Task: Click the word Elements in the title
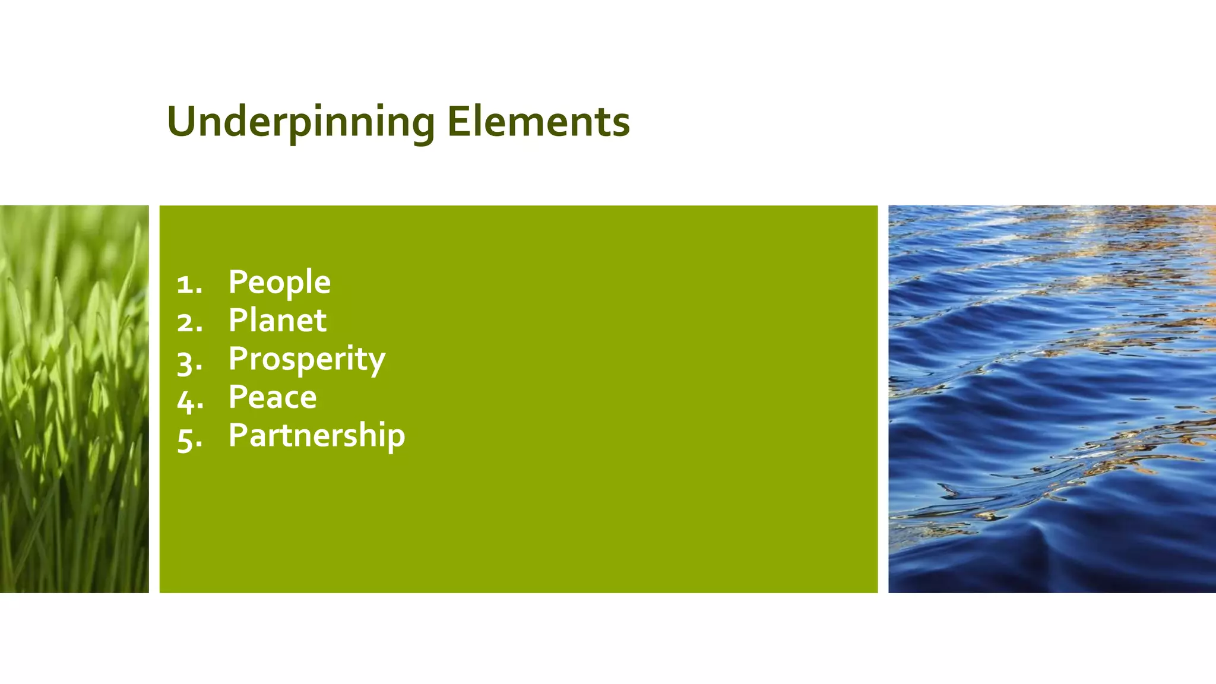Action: click(538, 122)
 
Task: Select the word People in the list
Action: click(279, 282)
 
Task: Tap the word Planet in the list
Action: click(277, 321)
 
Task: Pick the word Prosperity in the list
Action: click(307, 359)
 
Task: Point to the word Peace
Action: click(273, 397)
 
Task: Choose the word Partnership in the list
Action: click(316, 435)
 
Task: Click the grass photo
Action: click(74, 399)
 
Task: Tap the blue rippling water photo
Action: click(1052, 399)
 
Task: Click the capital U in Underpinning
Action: click(182, 122)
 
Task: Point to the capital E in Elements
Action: click(457, 122)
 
